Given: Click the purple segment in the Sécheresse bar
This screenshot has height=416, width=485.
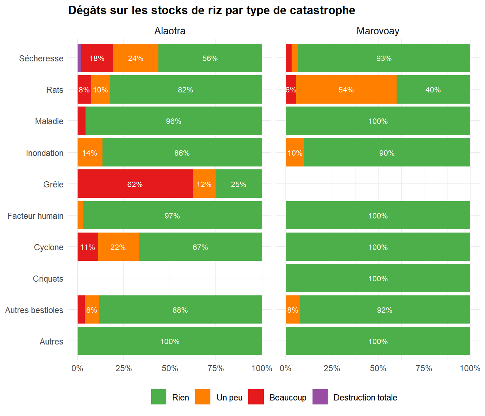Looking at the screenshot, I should pos(79,58).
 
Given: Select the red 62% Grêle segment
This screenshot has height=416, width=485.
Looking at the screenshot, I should pos(135,184).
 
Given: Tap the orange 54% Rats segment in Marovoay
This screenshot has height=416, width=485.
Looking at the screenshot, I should pos(346,90).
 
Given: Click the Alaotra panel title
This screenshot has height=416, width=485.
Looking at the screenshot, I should pos(170,31).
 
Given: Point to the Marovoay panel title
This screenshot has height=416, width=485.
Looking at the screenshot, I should pos(377,31).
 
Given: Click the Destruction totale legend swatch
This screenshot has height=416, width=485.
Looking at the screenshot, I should pos(320,397).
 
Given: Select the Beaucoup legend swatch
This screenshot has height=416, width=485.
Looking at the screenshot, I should pos(256,397).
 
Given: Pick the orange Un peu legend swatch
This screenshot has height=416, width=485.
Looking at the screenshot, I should pos(203,397).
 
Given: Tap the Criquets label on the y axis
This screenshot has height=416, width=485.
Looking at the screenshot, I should pos(48,279).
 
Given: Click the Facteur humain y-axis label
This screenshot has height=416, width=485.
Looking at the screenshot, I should pos(35,216).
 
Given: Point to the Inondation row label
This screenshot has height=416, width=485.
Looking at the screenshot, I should pos(45,153).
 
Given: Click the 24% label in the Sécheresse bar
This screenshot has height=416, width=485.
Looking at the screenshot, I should pos(136,58).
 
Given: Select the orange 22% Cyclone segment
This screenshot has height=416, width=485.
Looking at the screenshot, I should pos(118,247).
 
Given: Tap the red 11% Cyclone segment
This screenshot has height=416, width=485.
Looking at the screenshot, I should pos(88,247).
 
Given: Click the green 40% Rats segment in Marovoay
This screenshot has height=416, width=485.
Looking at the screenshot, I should pos(433,90).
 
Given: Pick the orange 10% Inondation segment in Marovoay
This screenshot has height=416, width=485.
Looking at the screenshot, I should pos(295,153).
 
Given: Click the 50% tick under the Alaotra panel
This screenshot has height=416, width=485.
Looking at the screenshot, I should pos(170,368).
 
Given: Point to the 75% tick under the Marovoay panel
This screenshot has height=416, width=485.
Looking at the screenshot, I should pos(424,368).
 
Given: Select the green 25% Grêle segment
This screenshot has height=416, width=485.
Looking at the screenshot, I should pos(239,184).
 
